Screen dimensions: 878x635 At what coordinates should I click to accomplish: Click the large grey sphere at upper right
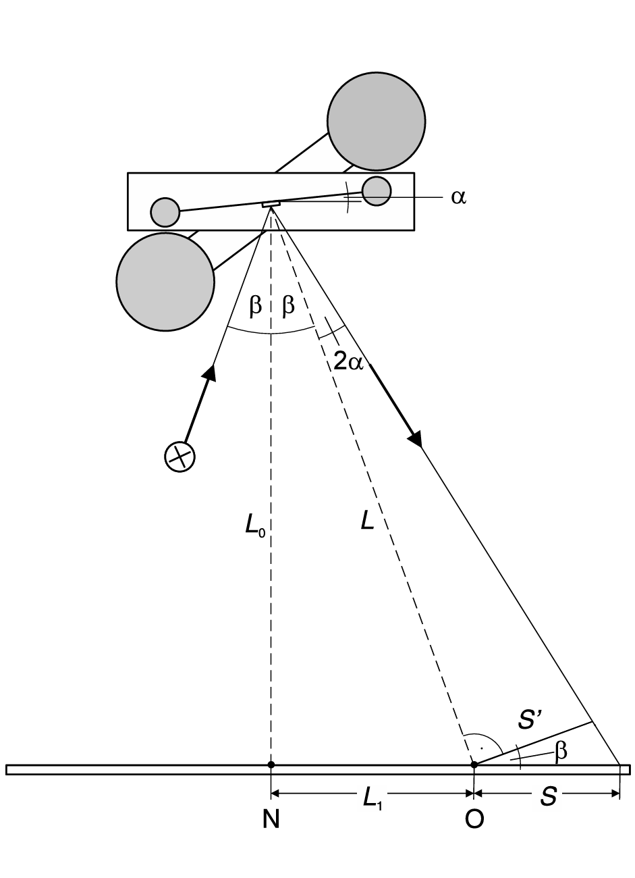click(x=376, y=121)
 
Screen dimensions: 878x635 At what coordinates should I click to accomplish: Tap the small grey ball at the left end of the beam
click(x=165, y=212)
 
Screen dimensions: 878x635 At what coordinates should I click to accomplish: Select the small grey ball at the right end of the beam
click(x=376, y=190)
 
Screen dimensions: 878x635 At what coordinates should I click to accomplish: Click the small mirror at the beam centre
click(x=271, y=203)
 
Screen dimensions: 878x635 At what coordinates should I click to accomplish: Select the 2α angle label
click(x=349, y=362)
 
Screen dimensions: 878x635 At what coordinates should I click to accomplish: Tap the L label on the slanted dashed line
click(x=367, y=521)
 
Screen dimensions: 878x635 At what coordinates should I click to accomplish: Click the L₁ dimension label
click(x=372, y=798)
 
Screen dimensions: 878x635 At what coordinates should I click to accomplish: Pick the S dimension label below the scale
click(x=549, y=798)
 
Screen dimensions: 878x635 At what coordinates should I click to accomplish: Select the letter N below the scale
click(x=271, y=819)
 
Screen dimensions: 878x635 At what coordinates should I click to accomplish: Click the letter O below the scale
click(x=474, y=819)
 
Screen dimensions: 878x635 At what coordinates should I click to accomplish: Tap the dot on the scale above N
click(x=271, y=765)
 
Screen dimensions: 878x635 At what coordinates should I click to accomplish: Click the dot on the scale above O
click(x=474, y=765)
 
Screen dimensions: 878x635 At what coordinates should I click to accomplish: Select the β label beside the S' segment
click(x=560, y=751)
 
